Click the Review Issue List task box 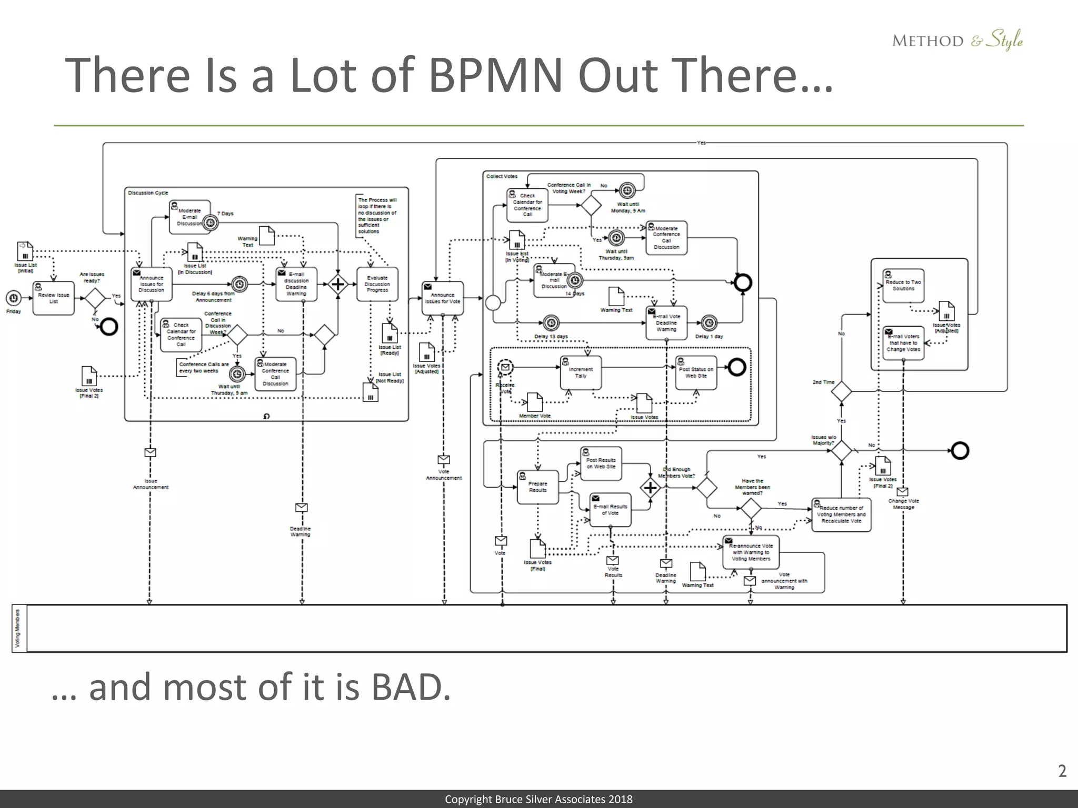53,298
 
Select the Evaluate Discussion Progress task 377,284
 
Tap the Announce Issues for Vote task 442,298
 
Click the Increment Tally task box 581,372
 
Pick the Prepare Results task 537,487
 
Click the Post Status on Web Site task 696,372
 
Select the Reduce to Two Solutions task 903,285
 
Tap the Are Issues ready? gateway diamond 95,298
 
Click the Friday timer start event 13,298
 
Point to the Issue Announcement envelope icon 150,452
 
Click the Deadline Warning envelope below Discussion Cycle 301,508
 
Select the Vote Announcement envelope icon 444,460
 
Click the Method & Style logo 957,41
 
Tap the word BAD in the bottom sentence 411,688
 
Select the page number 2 1062,771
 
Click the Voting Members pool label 18,628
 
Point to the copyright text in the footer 538,800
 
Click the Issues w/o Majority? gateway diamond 841,451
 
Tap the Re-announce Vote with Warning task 751,552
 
